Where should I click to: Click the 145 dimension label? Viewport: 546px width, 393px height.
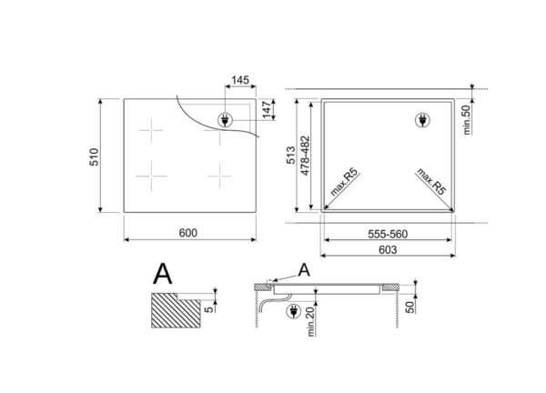(240, 80)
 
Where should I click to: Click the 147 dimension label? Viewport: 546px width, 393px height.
(267, 110)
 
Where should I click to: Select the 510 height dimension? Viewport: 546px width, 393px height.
(95, 157)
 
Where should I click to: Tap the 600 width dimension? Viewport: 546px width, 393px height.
(188, 233)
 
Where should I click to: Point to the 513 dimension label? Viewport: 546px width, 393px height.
(290, 156)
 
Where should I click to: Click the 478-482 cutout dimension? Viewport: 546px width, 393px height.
(305, 156)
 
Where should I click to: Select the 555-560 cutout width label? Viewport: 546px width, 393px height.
(388, 235)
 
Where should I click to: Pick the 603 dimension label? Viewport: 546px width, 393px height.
(388, 249)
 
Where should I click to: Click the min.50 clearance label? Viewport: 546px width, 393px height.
(467, 120)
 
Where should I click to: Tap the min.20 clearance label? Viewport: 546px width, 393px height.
(310, 322)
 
